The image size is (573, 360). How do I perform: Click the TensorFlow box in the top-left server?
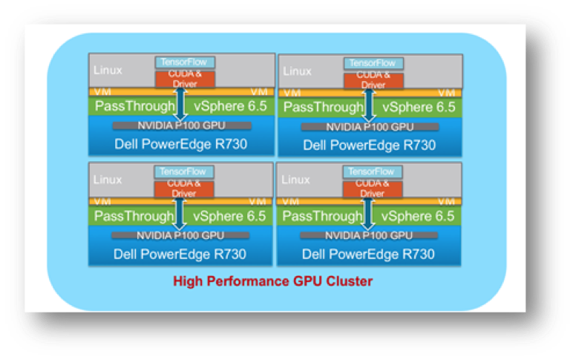tap(181, 62)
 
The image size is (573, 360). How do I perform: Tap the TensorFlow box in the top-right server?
tap(371, 62)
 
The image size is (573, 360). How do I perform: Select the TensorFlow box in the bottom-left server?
tap(181, 171)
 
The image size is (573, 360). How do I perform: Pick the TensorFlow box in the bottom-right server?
tap(371, 171)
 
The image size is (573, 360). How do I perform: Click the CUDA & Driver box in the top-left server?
tap(183, 79)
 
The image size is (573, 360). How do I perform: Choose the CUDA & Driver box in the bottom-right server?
tap(372, 189)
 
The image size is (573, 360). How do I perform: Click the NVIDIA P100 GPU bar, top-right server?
tap(369, 127)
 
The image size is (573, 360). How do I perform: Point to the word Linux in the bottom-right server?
tap(297, 180)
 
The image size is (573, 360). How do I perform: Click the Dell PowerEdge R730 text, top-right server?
tap(369, 145)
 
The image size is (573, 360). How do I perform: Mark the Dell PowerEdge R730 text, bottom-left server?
tap(180, 254)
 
